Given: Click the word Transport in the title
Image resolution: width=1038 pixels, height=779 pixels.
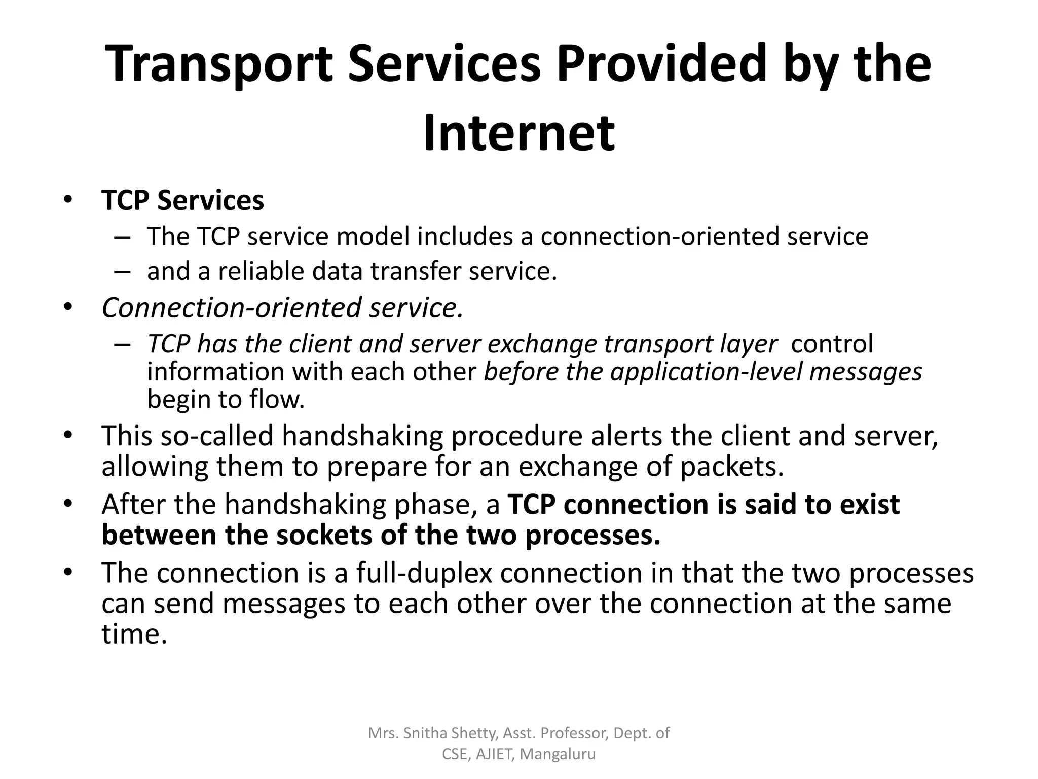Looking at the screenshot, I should pyautogui.click(x=220, y=65).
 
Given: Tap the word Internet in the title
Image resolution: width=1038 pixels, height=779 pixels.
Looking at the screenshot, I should pyautogui.click(x=519, y=133).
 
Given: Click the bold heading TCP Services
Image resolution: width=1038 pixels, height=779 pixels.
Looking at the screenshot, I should pyautogui.click(x=182, y=200).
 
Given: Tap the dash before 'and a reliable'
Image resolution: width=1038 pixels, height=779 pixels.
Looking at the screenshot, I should pyautogui.click(x=123, y=272).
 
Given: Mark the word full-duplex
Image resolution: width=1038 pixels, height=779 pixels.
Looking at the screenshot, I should pyautogui.click(x=424, y=573).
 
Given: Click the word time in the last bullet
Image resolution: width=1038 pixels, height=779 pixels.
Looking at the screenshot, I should pyautogui.click(x=134, y=634).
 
